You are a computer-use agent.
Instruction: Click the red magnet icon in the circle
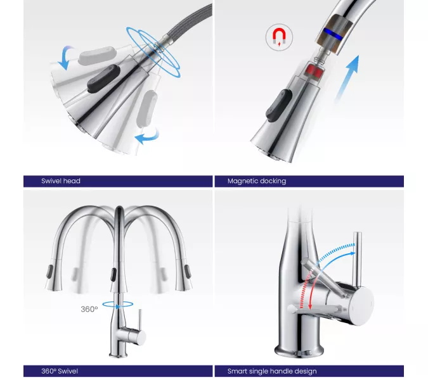click(279, 37)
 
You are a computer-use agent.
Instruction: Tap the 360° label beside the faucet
click(89, 309)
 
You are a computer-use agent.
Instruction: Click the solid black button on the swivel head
click(104, 79)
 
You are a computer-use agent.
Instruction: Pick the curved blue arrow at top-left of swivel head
click(65, 57)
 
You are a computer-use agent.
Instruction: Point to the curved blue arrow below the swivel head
click(148, 136)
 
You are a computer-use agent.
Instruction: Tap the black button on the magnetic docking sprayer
click(278, 106)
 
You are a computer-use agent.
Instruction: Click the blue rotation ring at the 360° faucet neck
click(118, 304)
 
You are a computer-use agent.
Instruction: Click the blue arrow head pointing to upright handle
click(353, 253)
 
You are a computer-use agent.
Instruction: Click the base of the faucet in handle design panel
click(299, 351)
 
